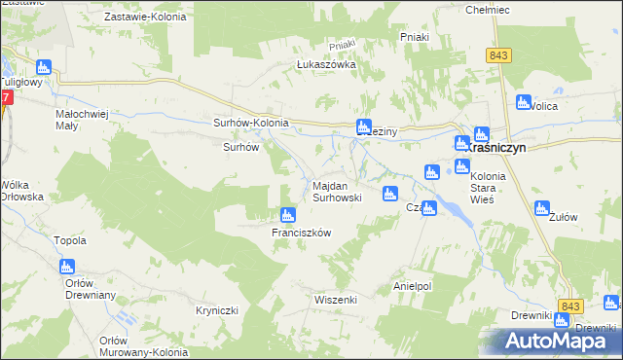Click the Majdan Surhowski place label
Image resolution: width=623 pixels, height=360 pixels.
[338, 191]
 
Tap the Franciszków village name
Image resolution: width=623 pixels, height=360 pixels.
[302, 234]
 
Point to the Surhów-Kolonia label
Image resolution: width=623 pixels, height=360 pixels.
[251, 123]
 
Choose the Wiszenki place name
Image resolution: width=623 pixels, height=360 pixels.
[337, 300]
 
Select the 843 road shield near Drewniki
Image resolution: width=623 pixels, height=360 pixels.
[570, 306]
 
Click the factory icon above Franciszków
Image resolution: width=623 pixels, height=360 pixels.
[287, 215]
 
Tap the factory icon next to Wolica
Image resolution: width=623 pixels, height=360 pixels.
[523, 101]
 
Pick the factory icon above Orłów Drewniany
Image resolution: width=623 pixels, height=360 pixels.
[66, 266]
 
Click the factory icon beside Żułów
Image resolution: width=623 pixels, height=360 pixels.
[542, 207]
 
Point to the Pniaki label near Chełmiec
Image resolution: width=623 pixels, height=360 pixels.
[415, 36]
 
